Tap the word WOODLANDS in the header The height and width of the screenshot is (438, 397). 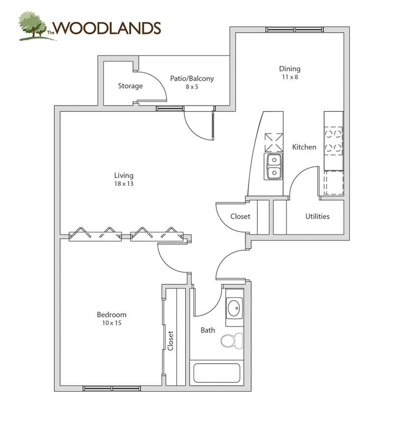coord(107,28)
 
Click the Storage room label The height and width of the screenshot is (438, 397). coord(130,86)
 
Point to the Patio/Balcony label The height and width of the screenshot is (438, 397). coord(192,78)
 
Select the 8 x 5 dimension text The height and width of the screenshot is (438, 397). coord(192,87)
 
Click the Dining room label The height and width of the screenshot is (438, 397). coord(290,69)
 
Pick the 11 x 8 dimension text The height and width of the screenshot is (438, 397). coord(290,77)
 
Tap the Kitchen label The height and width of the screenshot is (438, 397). coord(304,147)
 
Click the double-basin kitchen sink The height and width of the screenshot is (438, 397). coord(273,167)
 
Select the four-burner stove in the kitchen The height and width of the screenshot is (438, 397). coord(334,140)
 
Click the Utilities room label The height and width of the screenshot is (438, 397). coord(317,216)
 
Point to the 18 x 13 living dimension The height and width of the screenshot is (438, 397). coord(124,184)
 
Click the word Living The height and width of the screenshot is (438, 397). coord(124,176)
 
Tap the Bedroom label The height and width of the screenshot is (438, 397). coord(112,314)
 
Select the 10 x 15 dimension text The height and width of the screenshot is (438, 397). coord(112,323)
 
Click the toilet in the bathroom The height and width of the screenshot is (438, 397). coord(231,340)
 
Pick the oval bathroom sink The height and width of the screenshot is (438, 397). coord(234,308)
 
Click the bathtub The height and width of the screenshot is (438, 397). coord(216,373)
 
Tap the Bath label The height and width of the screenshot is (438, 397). coord(208,330)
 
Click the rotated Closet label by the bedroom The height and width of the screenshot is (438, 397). coord(170,340)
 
